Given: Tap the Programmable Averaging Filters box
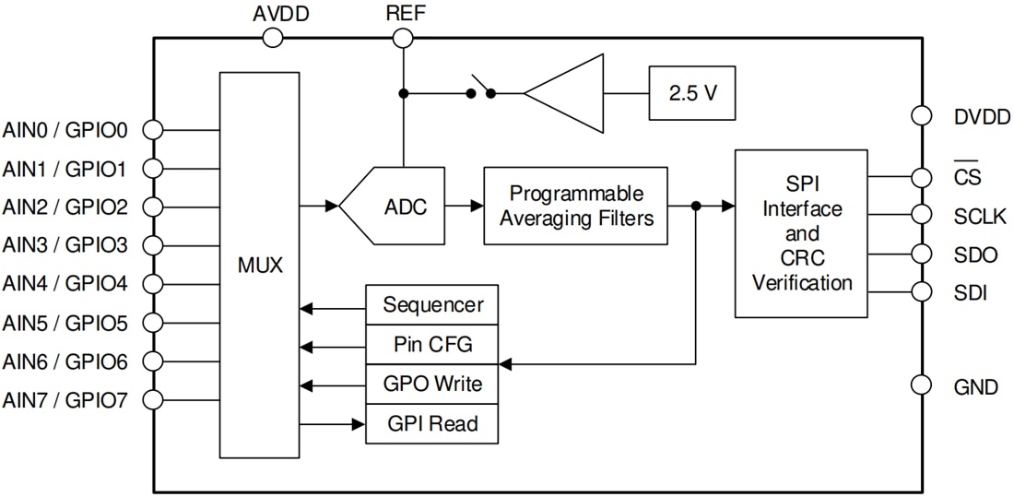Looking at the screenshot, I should (575, 206).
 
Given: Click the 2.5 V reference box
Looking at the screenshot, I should (692, 93).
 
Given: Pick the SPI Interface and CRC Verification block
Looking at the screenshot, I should (800, 233).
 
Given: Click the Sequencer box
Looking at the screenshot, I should (431, 305).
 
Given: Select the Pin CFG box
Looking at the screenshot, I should (431, 345).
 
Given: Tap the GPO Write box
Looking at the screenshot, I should (431, 385).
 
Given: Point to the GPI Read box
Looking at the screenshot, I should (431, 424).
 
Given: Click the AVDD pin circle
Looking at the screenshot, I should (273, 37).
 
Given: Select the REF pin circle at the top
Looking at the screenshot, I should (402, 37).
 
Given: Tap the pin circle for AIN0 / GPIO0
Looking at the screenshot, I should (154, 130).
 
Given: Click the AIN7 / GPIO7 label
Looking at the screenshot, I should (65, 400).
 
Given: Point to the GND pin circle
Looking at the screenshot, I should (920, 385).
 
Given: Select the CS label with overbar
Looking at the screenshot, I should (967, 176).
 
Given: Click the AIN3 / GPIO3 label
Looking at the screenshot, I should (65, 245).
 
